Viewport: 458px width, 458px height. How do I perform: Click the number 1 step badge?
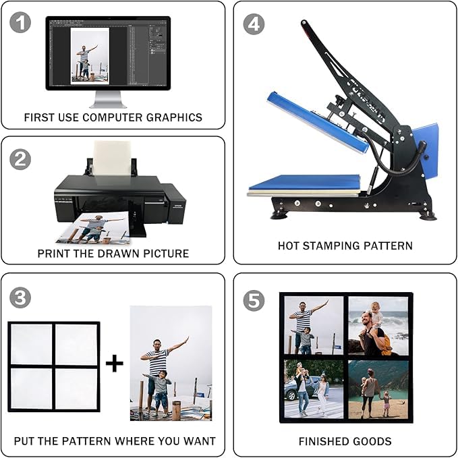[x=20, y=22]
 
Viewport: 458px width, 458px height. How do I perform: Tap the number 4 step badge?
[x=254, y=24]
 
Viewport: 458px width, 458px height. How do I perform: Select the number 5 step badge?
[x=254, y=301]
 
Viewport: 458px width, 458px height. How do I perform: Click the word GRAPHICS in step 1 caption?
[x=174, y=117]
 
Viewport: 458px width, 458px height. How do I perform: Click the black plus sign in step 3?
[x=115, y=364]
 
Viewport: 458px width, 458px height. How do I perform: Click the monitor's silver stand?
[x=108, y=100]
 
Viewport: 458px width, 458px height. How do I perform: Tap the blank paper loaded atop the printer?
[x=112, y=158]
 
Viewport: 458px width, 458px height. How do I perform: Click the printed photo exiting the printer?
[x=94, y=228]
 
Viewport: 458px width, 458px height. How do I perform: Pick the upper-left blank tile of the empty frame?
[x=31, y=344]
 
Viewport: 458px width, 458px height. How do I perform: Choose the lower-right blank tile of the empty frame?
[x=76, y=389]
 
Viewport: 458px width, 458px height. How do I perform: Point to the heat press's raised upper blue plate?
[x=318, y=122]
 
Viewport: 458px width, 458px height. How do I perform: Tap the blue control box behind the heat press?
[x=425, y=150]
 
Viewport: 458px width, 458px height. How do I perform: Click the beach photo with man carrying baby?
[x=378, y=326]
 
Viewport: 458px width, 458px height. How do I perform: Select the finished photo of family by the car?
[x=314, y=389]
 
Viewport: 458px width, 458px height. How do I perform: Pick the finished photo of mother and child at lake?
[x=378, y=389]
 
